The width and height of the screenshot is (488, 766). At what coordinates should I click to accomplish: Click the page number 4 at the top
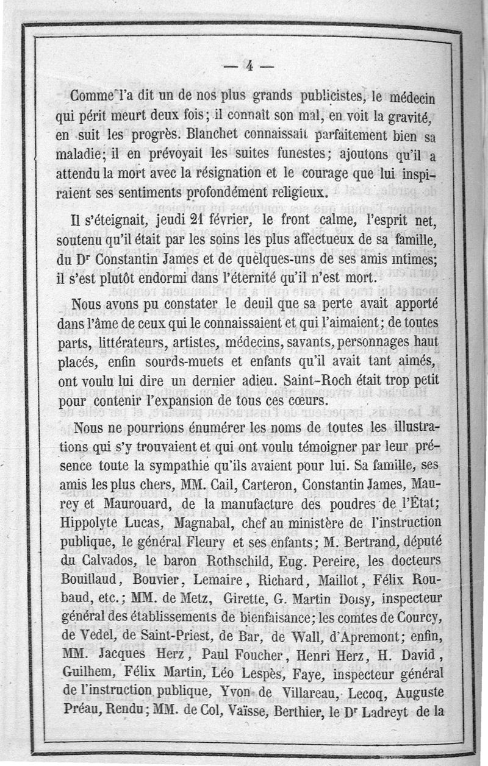(249, 66)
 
